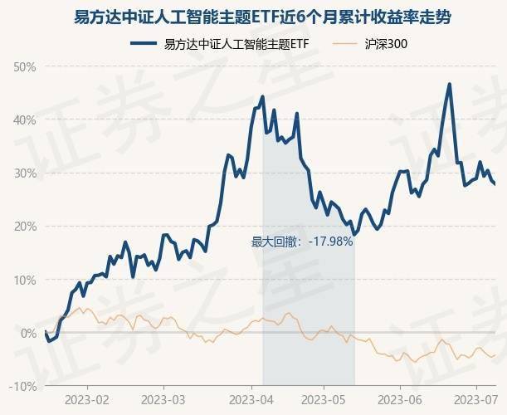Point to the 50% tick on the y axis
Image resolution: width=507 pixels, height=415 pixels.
coord(25,66)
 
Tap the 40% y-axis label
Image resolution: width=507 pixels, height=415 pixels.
coord(25,120)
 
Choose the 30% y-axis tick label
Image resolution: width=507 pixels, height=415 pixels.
coord(25,173)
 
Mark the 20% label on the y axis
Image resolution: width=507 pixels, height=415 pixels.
coord(25,226)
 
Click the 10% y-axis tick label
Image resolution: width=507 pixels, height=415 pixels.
coord(25,280)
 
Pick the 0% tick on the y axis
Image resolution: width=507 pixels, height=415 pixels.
coord(28,333)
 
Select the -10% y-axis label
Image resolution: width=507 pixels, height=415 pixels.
coord(23,386)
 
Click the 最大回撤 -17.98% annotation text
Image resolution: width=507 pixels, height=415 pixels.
coord(302,242)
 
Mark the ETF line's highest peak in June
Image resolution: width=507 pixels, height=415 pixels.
coord(449,84)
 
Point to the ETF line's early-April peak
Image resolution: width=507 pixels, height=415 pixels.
coord(262,97)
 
